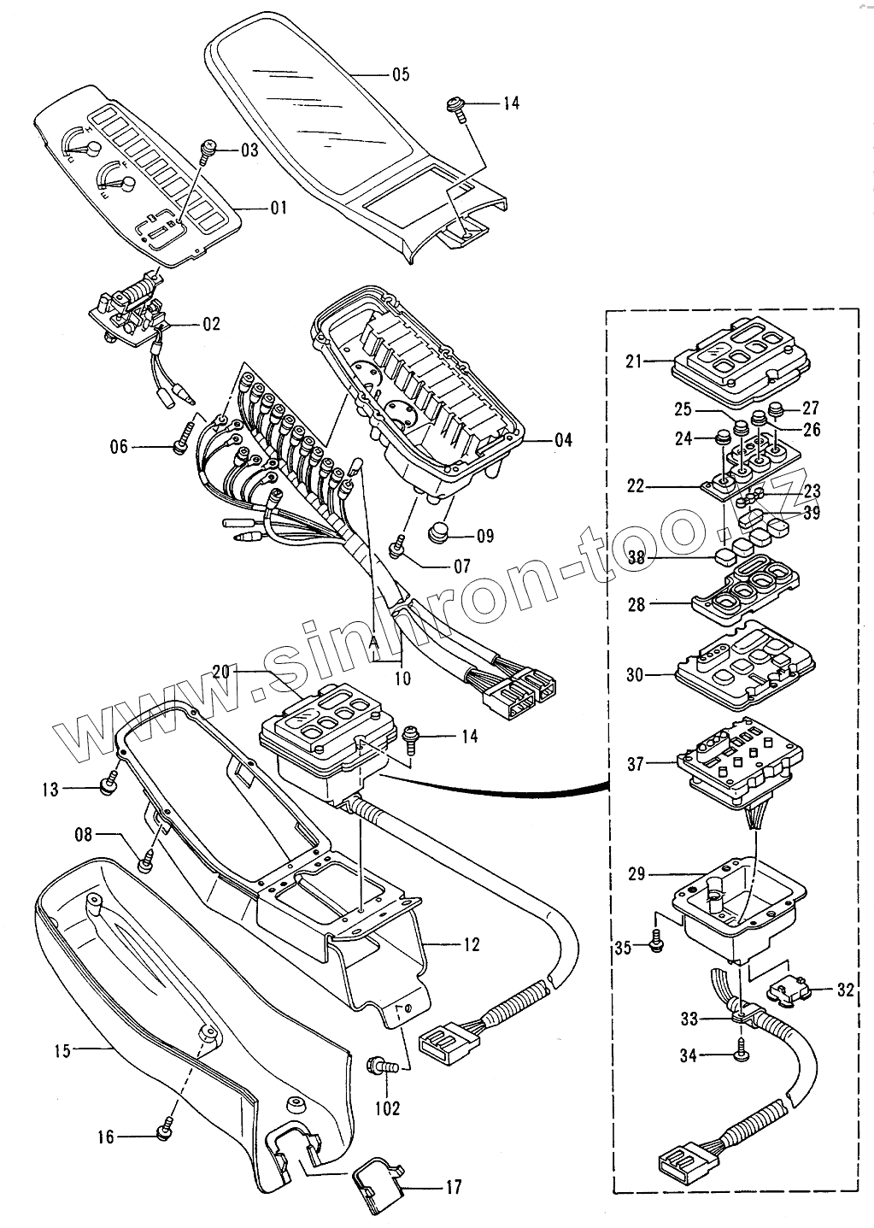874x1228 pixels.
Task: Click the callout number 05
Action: [x=401, y=74]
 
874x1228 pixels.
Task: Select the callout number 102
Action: [x=387, y=1108]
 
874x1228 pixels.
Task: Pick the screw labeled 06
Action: [x=182, y=444]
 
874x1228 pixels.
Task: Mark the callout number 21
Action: [x=633, y=361]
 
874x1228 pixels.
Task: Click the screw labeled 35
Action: [x=656, y=943]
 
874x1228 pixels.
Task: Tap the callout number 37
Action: [x=635, y=764]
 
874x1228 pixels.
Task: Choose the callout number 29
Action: [x=635, y=874]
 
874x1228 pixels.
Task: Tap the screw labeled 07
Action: [x=397, y=548]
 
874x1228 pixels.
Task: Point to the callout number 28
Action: [x=635, y=604]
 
